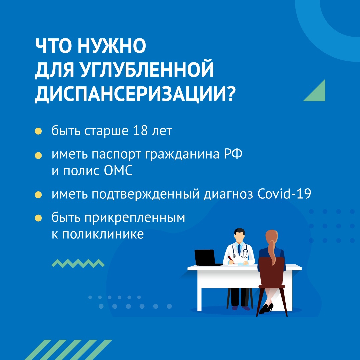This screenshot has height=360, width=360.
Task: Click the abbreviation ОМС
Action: (x=118, y=171)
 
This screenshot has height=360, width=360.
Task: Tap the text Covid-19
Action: (x=284, y=194)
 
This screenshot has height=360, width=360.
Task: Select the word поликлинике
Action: (x=103, y=234)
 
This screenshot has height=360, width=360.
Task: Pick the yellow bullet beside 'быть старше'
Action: (x=38, y=131)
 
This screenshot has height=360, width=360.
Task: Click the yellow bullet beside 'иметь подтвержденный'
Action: (x=38, y=195)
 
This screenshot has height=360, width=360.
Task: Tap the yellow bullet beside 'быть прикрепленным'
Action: (x=38, y=218)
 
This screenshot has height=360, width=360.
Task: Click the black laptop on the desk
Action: (x=207, y=258)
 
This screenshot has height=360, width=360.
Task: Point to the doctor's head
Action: (x=239, y=236)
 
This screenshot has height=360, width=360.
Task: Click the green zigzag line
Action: (x=78, y=263)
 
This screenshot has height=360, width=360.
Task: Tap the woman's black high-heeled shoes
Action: (x=266, y=309)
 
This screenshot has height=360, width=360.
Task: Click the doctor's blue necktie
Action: (x=239, y=249)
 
